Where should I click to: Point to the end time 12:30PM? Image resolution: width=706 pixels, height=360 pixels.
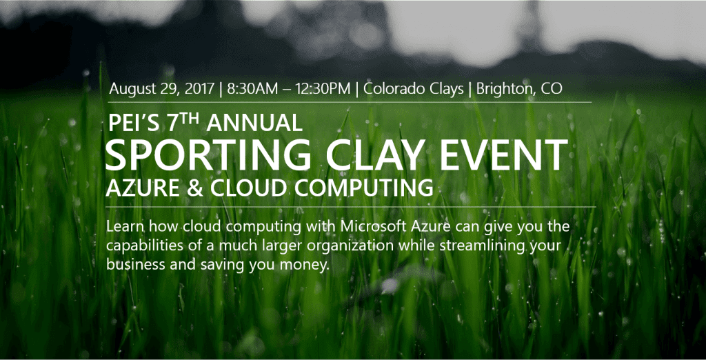click(x=323, y=88)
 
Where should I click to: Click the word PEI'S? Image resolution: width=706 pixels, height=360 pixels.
click(x=134, y=123)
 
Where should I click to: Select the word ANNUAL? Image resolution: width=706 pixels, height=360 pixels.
click(x=254, y=123)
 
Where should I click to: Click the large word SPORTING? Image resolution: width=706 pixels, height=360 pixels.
click(x=208, y=155)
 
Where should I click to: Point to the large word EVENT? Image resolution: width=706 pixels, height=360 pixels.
click(x=504, y=155)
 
